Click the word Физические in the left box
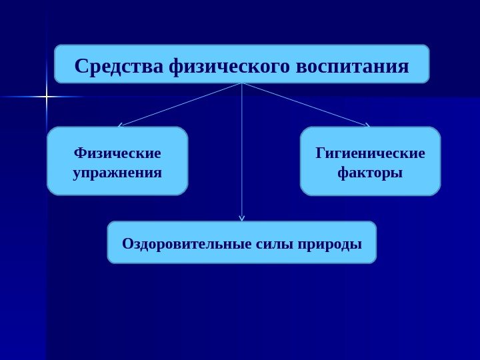[117, 153]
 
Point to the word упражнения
[117, 173]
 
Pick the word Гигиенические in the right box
[370, 153]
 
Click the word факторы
[370, 173]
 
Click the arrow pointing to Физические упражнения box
[180, 104]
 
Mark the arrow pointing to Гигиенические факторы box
[305, 104]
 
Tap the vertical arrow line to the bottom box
[241, 153]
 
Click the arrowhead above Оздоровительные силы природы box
[241, 217]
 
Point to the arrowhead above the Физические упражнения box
[120, 125]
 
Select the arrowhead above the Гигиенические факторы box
[367, 124]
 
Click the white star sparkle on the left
[46, 97]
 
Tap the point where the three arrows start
[241, 83]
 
